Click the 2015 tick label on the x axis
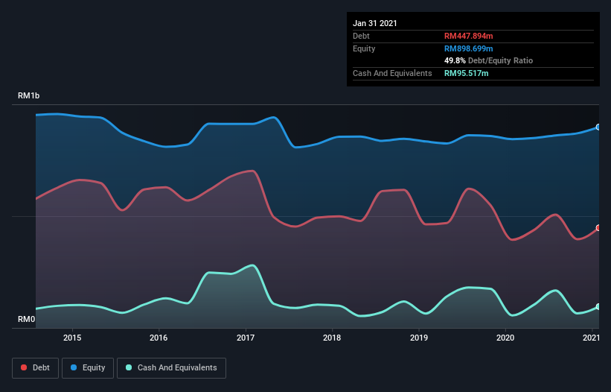point(72,338)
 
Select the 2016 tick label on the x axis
point(159,338)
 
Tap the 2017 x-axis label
point(246,338)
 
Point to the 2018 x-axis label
point(332,338)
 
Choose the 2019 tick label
point(419,338)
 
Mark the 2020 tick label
point(505,338)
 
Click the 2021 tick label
point(591,338)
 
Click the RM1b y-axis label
point(29,96)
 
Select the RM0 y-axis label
point(26,320)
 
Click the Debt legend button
point(34,367)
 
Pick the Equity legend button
point(89,367)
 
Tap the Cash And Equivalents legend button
point(171,367)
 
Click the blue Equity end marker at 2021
point(598,127)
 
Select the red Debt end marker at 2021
point(598,228)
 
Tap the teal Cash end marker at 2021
point(598,306)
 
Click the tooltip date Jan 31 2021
point(375,23)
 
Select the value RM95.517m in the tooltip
point(467,73)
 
